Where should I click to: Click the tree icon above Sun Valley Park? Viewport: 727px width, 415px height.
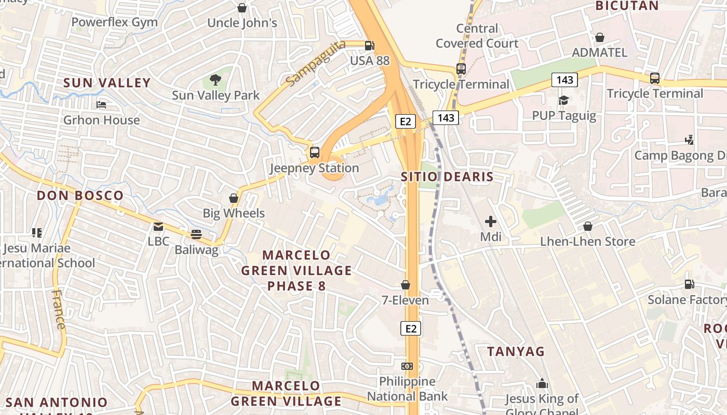pos(216,80)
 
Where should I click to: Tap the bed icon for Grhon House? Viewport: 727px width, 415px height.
pos(101,105)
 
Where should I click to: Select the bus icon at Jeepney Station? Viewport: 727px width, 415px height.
pos(315,153)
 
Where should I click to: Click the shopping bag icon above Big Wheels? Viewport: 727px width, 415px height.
pos(234,198)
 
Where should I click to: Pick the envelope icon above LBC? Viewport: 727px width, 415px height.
pos(158,227)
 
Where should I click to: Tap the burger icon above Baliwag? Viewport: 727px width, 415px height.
pos(196,234)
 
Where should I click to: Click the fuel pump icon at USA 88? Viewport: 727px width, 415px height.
pos(369,45)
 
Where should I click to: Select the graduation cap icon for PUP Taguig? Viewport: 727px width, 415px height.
pos(564,100)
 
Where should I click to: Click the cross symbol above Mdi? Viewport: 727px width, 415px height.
pos(491,222)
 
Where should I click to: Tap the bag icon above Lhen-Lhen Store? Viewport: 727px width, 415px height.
pos(588,226)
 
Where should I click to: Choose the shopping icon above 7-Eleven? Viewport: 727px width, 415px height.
pos(406,285)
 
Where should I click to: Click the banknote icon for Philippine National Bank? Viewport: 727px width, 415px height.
pos(407,366)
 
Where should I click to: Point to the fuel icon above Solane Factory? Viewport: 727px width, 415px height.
pos(690,284)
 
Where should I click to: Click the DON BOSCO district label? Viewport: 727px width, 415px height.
pos(80,196)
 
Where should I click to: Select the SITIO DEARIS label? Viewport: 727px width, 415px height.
pos(447,177)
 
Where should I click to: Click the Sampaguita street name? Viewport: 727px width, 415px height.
pos(315,63)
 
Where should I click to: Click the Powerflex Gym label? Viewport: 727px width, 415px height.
pos(114,22)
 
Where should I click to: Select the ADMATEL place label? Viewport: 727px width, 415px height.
pos(599,52)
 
